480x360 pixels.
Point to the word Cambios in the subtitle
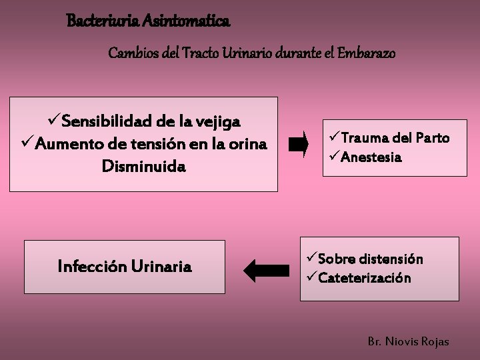133,52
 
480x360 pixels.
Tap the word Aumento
65,143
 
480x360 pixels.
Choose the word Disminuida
143,165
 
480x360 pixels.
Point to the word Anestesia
371,157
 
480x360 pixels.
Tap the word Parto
432,138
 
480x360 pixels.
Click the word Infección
91,267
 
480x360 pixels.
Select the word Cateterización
364,277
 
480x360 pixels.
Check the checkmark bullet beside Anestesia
334,157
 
